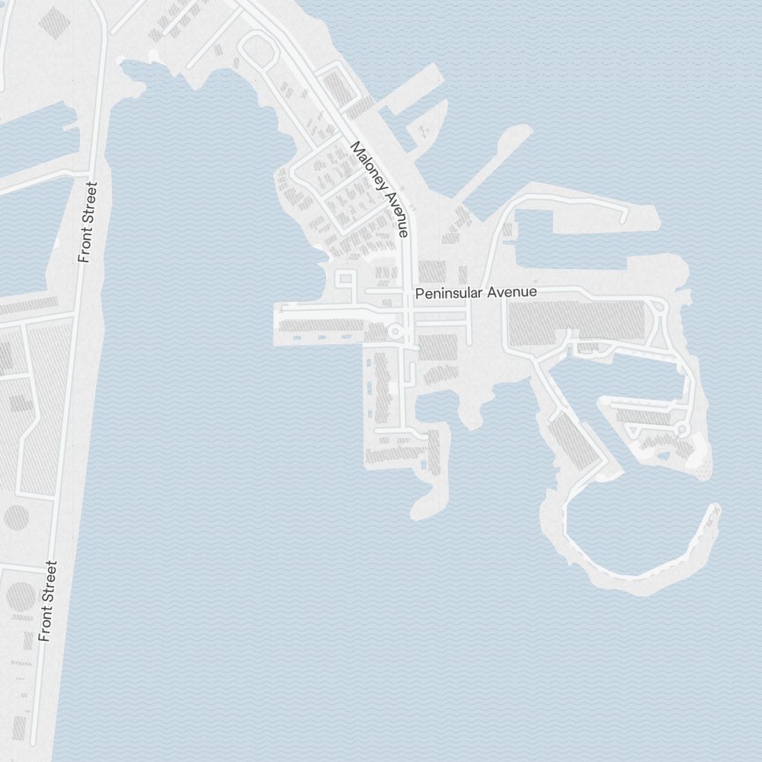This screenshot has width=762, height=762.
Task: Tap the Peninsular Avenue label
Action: [x=475, y=293]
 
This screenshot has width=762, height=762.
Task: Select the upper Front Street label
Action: [x=88, y=223]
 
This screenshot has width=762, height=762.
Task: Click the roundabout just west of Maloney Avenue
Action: [x=395, y=331]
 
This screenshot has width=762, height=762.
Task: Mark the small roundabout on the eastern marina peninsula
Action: [x=683, y=431]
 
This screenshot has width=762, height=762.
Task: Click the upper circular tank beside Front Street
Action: [x=17, y=518]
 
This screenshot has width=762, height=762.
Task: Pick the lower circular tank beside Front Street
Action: [x=21, y=596]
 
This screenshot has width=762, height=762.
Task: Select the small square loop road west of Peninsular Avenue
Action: [x=345, y=278]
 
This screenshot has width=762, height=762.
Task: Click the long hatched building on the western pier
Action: [x=320, y=327]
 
